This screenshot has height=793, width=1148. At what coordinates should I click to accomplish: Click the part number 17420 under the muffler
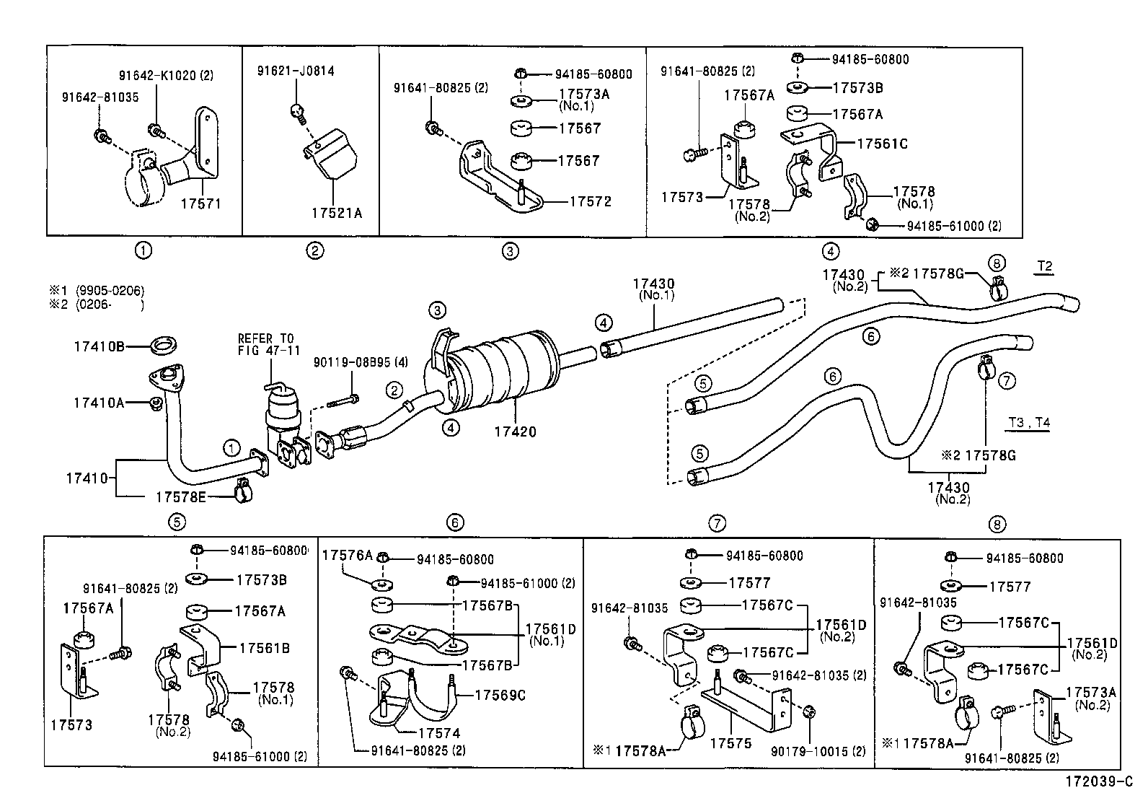point(515,431)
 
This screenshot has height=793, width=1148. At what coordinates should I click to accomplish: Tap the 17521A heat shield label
point(336,213)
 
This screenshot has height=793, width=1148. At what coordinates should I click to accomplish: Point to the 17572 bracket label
point(590,201)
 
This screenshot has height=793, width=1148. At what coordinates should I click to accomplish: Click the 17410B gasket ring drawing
point(165,346)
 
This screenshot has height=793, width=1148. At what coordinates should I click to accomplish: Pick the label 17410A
point(98,403)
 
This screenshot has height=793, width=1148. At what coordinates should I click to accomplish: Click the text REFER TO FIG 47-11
point(266,344)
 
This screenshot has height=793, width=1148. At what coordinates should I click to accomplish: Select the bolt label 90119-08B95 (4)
point(360,362)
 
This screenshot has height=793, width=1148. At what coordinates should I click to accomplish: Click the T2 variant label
point(1044,266)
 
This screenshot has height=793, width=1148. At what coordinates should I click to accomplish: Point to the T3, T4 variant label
point(1029,423)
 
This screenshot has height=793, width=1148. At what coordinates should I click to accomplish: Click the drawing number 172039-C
point(1100,781)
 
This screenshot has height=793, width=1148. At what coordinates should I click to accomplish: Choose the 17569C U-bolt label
point(500,695)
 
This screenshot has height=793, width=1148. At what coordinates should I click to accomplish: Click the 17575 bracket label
point(730,742)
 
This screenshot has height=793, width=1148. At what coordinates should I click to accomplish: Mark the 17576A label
point(347,555)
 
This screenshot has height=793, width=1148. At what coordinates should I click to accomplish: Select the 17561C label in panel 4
point(882,144)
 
